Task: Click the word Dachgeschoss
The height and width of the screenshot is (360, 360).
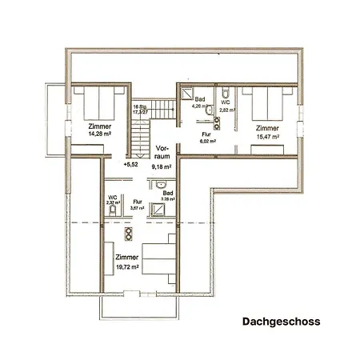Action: (281, 322)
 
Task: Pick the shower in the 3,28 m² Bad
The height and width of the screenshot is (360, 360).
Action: (162, 211)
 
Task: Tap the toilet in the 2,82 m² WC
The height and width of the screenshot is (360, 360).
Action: (227, 90)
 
